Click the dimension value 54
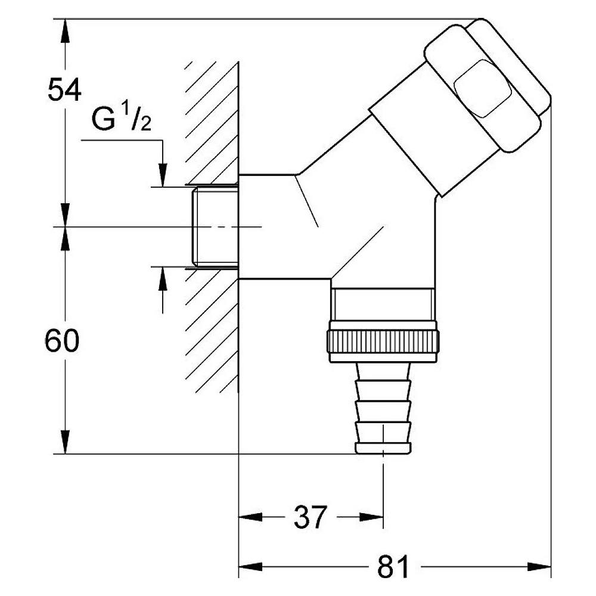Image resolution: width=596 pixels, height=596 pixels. pos(64,89)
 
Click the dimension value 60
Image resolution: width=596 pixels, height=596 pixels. pos(62,340)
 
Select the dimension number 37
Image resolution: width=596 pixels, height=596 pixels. pos(310,517)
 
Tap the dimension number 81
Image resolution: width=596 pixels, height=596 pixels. pos(393,567)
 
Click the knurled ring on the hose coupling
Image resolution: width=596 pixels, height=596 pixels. pos(383,342)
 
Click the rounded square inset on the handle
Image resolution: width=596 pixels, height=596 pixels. pos(483,88)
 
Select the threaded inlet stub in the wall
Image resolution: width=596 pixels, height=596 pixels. pos(215,227)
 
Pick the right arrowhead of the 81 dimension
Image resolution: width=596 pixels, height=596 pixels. pos(539,567)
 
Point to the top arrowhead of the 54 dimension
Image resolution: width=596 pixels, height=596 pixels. pos(66,30)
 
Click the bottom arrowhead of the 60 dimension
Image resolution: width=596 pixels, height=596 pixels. pos(66,442)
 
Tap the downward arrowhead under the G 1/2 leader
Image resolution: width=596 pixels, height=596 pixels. pos(163,175)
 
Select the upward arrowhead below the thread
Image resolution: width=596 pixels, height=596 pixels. pos(163,278)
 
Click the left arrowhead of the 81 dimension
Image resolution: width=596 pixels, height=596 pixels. pos(250,567)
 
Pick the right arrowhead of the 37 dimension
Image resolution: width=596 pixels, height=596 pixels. pos(371,517)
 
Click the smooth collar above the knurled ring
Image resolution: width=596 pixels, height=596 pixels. pos(383,304)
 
